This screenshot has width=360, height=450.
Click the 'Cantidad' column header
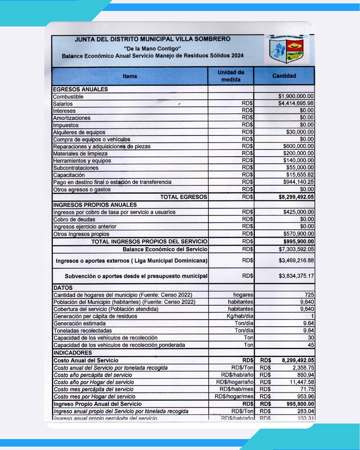tap(284, 76)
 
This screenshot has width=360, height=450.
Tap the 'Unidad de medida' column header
tap(231, 76)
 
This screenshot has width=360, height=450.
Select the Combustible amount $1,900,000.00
tap(296, 96)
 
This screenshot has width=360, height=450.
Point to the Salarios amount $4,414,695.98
tap(296, 103)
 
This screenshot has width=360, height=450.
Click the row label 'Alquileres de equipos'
tap(79, 132)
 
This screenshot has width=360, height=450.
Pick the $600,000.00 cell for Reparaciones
tap(298, 146)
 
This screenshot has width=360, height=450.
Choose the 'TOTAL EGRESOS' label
tap(184, 197)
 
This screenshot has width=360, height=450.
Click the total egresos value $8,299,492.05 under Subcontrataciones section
tap(296, 197)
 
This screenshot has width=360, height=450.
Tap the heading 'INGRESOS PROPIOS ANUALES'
tap(95, 205)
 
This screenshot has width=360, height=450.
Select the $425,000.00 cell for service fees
tap(298, 212)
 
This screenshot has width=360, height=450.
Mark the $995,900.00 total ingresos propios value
tap(299, 241)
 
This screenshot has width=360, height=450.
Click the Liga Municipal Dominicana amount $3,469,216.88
tap(296, 260)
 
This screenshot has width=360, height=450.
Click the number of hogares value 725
tap(309, 295)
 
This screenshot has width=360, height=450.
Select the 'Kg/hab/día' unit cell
tap(240, 316)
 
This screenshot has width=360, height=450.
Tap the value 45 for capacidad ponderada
tap(311, 345)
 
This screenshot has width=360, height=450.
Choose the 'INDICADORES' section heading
tap(73, 353)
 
